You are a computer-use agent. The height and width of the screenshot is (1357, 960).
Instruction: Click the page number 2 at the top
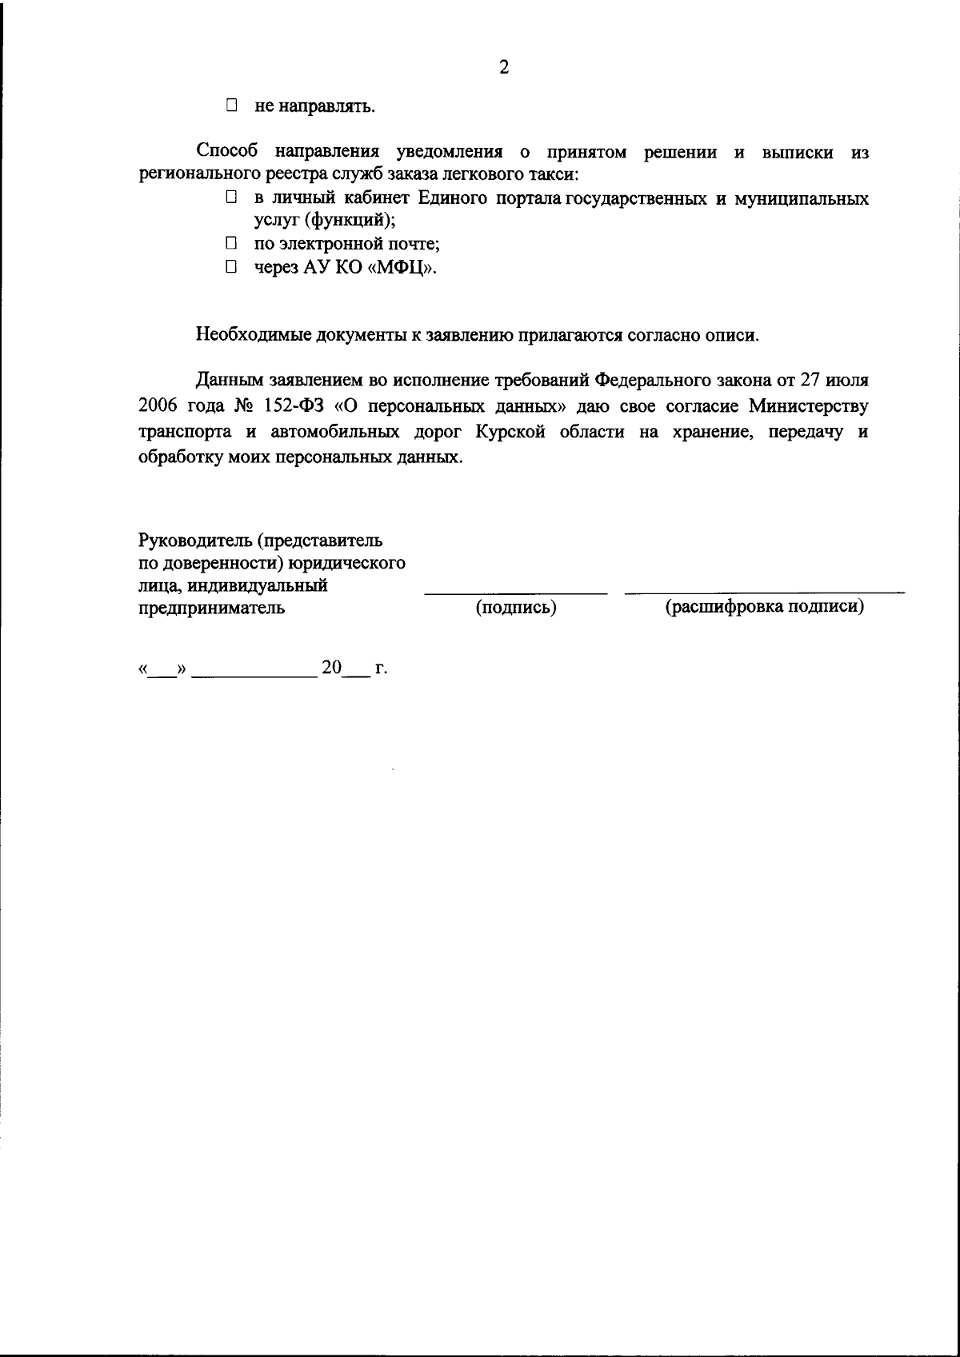(504, 67)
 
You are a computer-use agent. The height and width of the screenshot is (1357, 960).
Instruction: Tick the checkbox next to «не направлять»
(232, 105)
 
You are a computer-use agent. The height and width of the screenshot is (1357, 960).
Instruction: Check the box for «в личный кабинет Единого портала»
(232, 197)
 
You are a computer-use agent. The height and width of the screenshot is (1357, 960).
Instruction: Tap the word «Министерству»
(808, 406)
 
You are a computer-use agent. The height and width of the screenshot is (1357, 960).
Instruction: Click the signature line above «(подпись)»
(516, 593)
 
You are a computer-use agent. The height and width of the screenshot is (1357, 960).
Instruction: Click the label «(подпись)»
(516, 608)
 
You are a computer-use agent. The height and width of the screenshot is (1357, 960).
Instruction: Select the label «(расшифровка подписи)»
(765, 607)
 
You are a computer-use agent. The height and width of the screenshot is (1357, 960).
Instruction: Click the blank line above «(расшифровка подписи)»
(765, 593)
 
